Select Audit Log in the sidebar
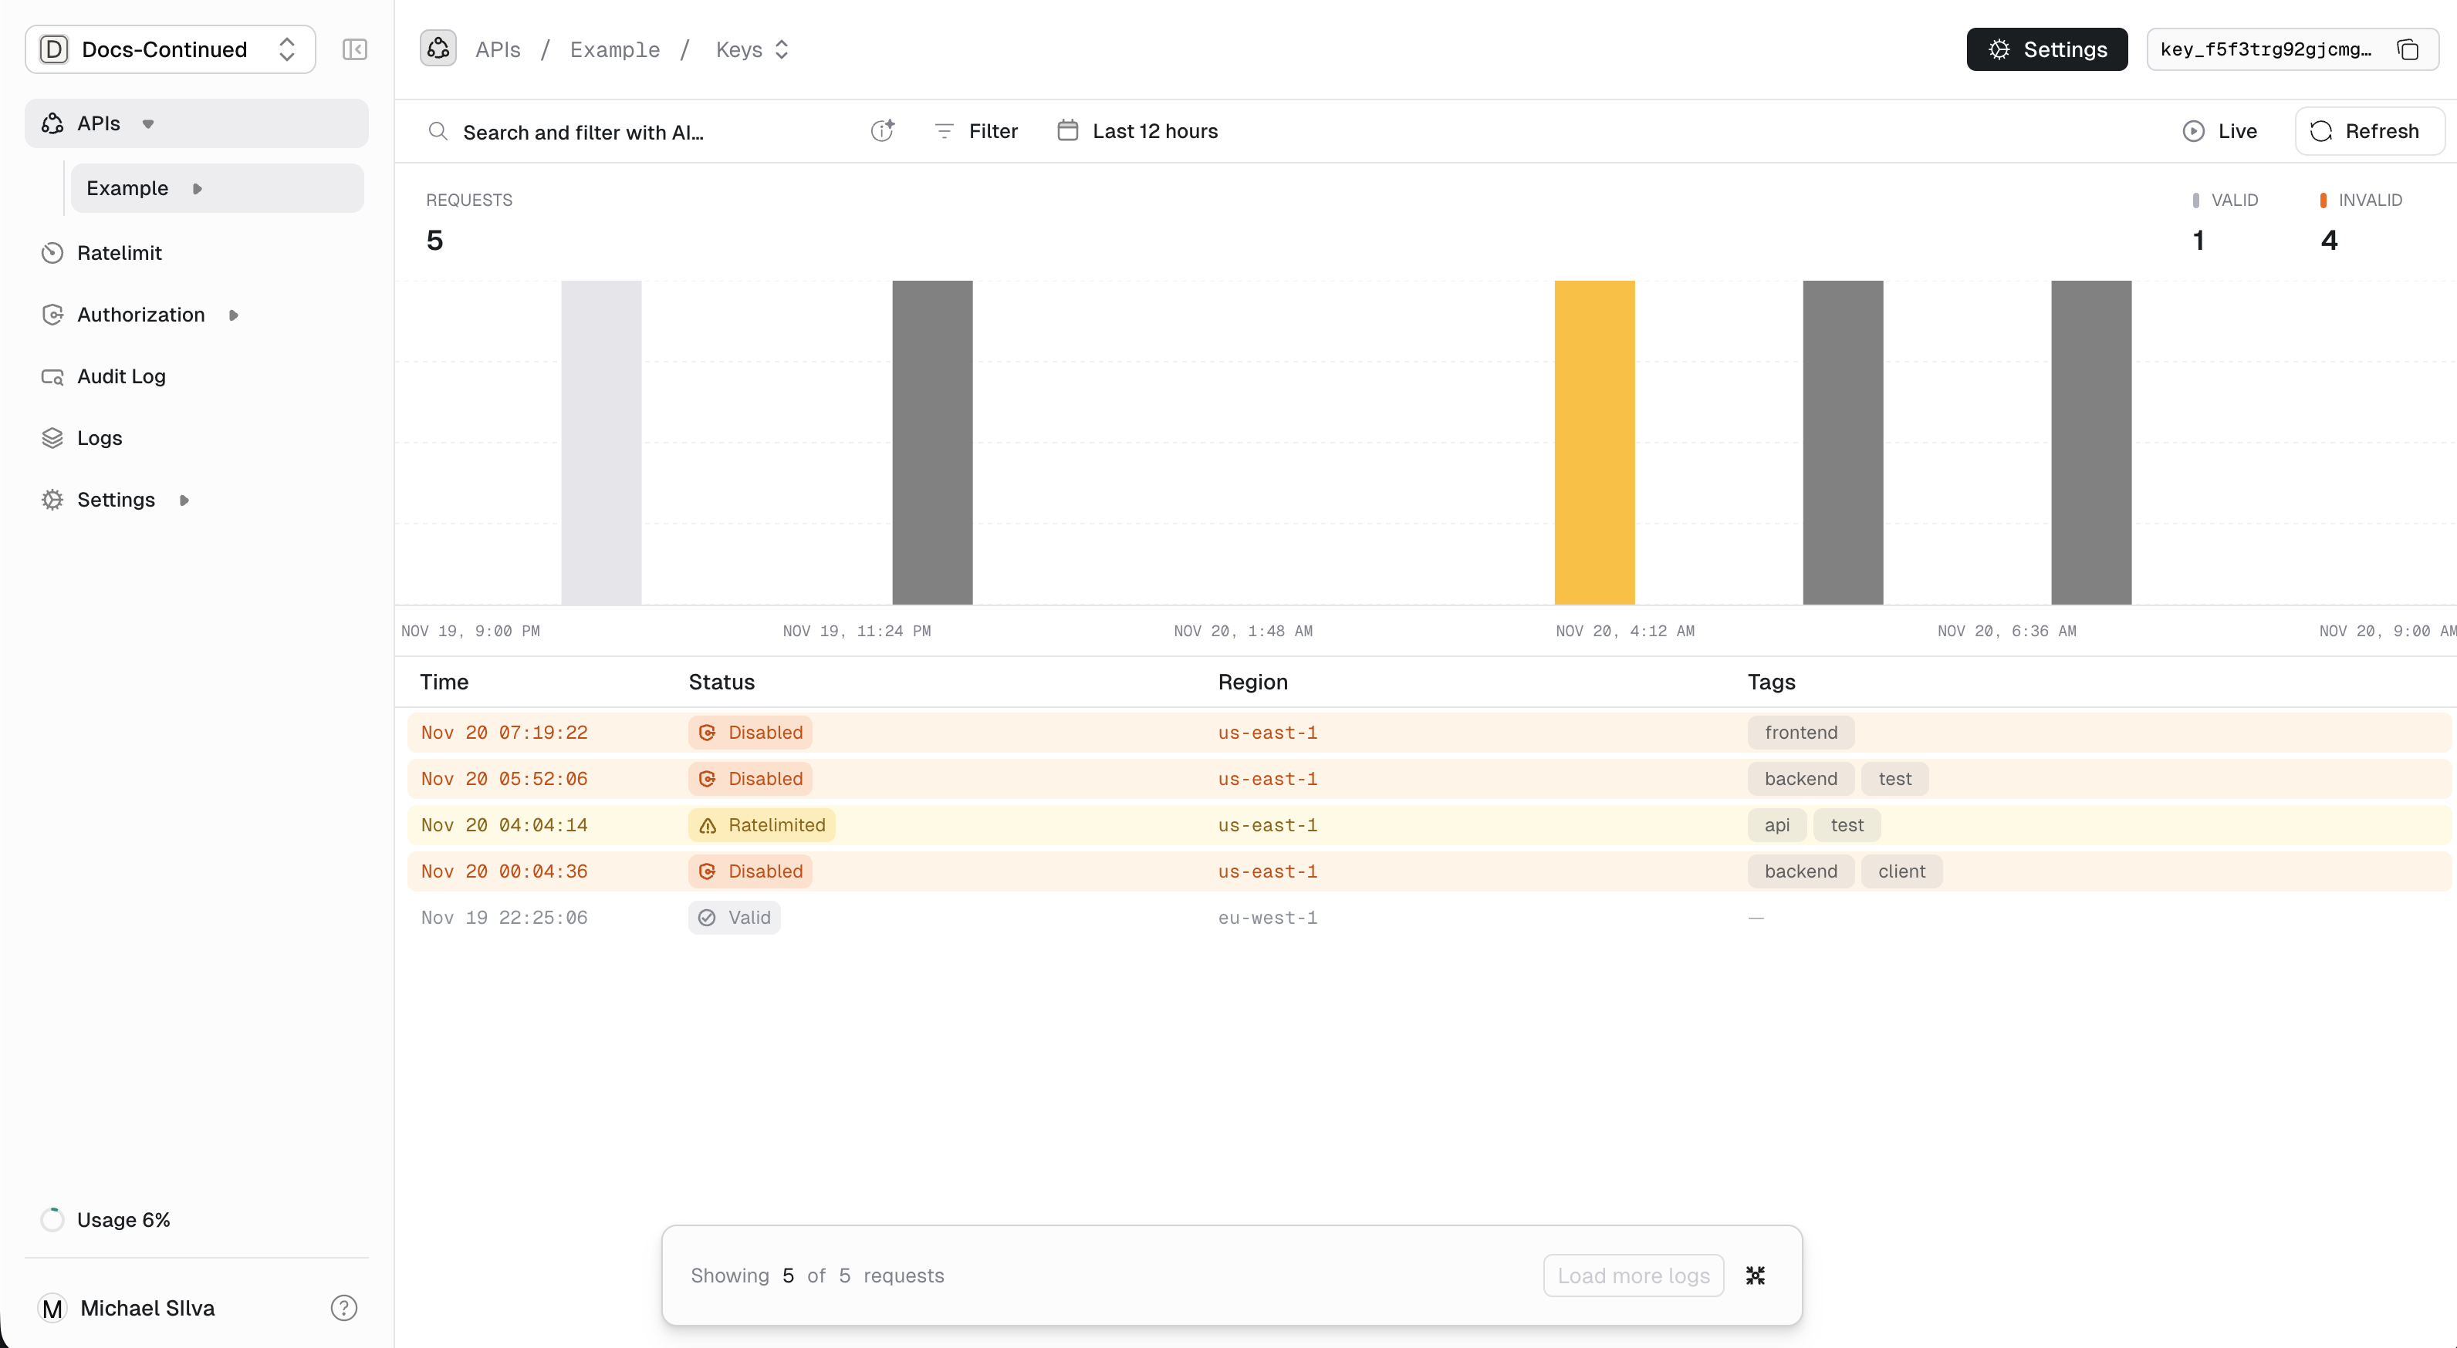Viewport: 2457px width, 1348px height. [x=120, y=376]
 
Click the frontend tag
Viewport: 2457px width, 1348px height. [x=1800, y=732]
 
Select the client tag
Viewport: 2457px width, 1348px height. [x=1901, y=871]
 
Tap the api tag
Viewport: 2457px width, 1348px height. [x=1776, y=824]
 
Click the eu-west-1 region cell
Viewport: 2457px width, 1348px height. [x=1266, y=917]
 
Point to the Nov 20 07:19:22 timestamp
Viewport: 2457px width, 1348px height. [x=504, y=732]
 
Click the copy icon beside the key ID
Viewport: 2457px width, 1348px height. [x=2408, y=49]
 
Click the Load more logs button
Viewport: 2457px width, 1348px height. [x=1633, y=1275]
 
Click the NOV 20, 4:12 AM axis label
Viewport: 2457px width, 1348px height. [x=1624, y=630]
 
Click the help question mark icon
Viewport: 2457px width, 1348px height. [x=343, y=1307]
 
